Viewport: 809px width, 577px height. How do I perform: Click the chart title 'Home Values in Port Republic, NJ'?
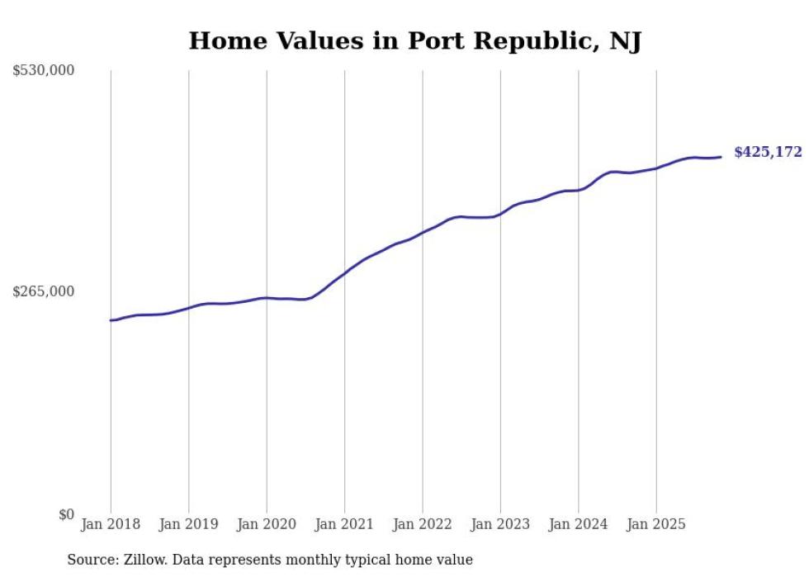tap(414, 40)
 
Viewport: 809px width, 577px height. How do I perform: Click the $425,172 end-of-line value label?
tap(767, 152)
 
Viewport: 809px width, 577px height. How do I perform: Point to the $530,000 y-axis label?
tap(44, 71)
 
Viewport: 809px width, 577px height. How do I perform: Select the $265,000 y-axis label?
tap(44, 291)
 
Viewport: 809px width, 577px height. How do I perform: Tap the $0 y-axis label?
tap(66, 514)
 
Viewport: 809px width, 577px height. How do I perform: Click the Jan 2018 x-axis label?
tap(111, 524)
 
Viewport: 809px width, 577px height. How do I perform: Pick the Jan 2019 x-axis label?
tap(188, 524)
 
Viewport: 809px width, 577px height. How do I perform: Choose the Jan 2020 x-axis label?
tap(267, 524)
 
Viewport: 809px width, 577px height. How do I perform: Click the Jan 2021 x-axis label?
tap(344, 524)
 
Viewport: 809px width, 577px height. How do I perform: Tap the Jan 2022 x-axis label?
tap(423, 524)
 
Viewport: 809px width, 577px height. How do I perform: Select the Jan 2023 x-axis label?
tap(500, 524)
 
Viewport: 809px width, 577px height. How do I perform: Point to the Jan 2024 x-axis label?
tap(579, 524)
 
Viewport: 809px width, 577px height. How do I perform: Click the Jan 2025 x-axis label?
tap(656, 524)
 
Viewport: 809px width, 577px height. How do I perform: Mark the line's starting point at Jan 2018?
tap(111, 320)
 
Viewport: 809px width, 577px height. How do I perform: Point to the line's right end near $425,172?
tap(721, 157)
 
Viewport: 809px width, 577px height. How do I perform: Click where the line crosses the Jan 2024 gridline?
tap(579, 190)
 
